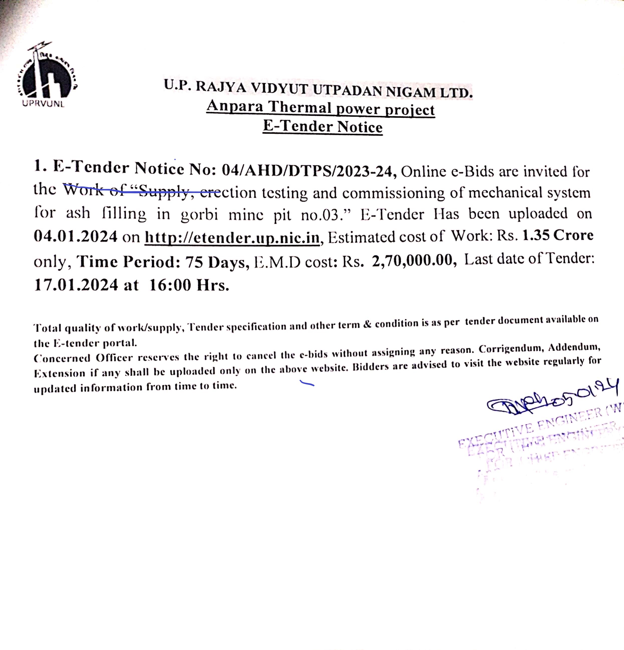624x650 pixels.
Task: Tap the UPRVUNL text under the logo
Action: point(43,104)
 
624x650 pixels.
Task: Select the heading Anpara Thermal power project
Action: point(321,108)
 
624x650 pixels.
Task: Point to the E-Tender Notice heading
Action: point(323,127)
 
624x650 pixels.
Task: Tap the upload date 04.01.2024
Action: point(76,236)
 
